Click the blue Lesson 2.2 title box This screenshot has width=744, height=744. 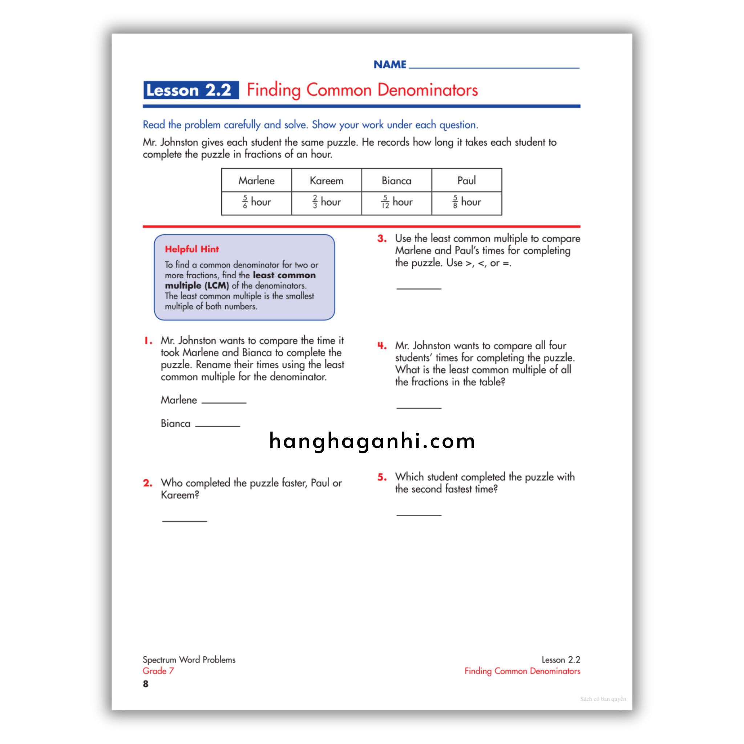click(191, 90)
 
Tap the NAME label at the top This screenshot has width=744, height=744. click(390, 65)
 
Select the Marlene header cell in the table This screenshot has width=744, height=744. click(256, 180)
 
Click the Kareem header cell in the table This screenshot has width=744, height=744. click(326, 180)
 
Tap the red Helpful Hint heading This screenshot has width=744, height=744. click(192, 249)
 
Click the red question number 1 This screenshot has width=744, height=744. click(148, 341)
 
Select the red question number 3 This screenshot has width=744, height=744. click(382, 239)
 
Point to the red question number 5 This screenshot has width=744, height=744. click(382, 477)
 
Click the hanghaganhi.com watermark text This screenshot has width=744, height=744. click(372, 441)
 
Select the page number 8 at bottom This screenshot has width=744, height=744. click(146, 684)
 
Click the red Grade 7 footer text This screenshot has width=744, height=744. click(158, 671)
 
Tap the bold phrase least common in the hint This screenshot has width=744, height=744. click(284, 275)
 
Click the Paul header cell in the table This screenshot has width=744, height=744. click(466, 180)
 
